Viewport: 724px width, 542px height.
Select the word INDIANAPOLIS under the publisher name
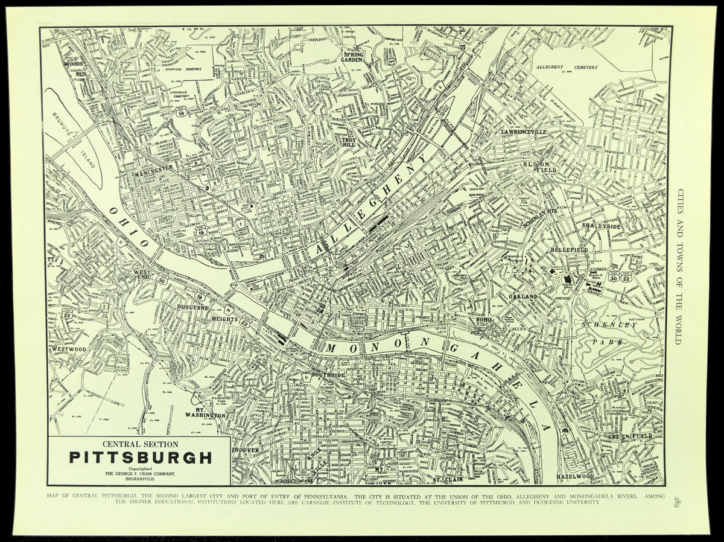pyautogui.click(x=139, y=479)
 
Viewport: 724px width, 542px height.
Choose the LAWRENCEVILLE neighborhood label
pyautogui.click(x=523, y=132)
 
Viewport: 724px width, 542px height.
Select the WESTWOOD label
pyautogui.click(x=69, y=349)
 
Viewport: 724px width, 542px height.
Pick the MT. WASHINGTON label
pyautogui.click(x=205, y=412)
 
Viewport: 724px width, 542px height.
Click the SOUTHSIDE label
pyautogui.click(x=328, y=375)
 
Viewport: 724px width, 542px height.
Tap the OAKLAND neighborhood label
pyautogui.click(x=522, y=298)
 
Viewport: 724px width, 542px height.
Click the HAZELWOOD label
pyautogui.click(x=575, y=476)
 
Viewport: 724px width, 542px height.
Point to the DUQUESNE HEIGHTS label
pyautogui.click(x=205, y=312)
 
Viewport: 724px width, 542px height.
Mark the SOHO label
pyautogui.click(x=484, y=320)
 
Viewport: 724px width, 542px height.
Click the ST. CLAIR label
pyautogui.click(x=447, y=480)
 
